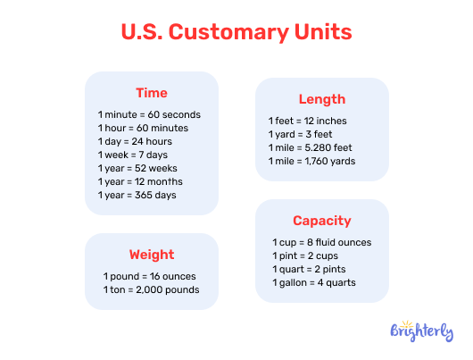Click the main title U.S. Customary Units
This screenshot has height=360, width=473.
point(236,33)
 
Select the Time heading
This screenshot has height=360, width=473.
point(151,93)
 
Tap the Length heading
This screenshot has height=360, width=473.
point(321,99)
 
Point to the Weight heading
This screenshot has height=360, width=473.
point(151,255)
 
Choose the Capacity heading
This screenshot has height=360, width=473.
point(321,221)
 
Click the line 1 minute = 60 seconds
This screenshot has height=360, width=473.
point(149,114)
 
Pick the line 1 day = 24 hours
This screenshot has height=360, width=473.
point(135,141)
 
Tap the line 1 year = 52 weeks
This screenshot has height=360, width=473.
point(138,168)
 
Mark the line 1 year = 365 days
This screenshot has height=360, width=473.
point(137,195)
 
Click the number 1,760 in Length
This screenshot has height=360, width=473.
point(323,161)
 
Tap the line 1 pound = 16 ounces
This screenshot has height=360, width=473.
point(149,276)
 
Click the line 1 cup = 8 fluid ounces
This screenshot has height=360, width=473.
point(321,242)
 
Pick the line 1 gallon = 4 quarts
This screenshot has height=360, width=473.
point(315,282)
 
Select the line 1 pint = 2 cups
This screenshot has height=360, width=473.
point(306,255)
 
